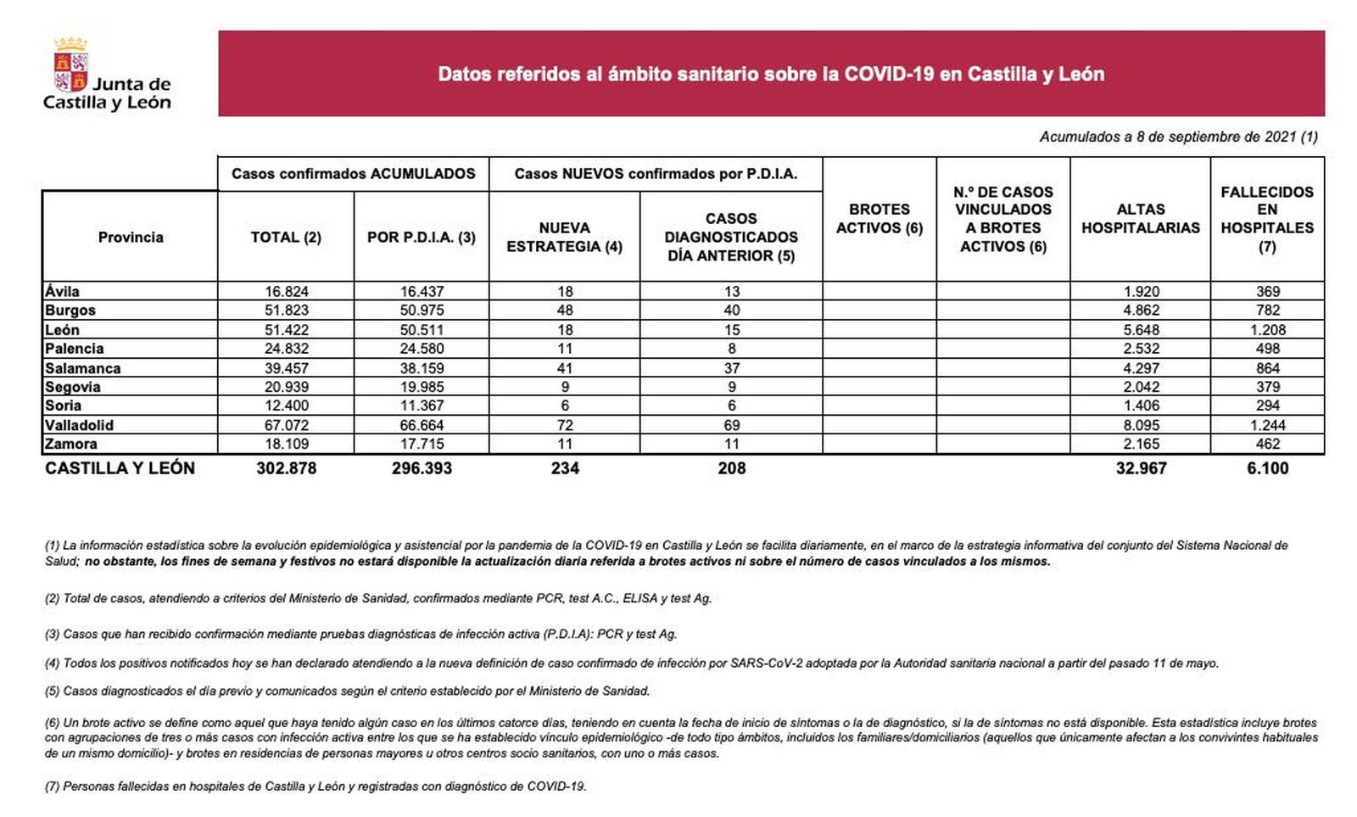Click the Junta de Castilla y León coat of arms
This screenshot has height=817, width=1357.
tap(71, 64)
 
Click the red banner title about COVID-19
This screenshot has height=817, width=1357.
tap(770, 74)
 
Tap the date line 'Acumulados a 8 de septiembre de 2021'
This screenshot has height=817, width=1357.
tap(1178, 137)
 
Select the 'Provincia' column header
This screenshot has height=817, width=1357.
tap(131, 237)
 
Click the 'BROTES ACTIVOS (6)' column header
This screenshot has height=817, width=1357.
tap(879, 219)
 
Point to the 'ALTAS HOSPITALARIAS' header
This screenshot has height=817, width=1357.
tap(1140, 219)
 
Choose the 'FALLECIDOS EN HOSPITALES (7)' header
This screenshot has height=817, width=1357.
tap(1266, 219)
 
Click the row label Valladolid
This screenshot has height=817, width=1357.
tap(79, 425)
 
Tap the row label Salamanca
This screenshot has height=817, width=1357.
tap(82, 368)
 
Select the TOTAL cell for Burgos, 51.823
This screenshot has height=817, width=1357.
tap(287, 311)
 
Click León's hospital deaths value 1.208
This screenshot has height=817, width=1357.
tap(1267, 330)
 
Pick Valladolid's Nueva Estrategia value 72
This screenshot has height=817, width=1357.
tap(565, 425)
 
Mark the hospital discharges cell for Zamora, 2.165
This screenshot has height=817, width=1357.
tap(1141, 444)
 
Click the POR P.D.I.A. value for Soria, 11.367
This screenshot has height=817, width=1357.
tap(422, 406)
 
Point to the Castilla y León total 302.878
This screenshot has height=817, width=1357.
tap(287, 468)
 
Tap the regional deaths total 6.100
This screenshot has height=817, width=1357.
tap(1267, 468)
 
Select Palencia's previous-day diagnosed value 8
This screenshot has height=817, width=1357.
tap(731, 349)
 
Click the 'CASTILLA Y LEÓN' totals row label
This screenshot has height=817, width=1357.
tap(120, 468)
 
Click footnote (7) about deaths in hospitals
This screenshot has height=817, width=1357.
tap(316, 786)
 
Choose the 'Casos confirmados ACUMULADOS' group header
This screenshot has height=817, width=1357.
tap(353, 174)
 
